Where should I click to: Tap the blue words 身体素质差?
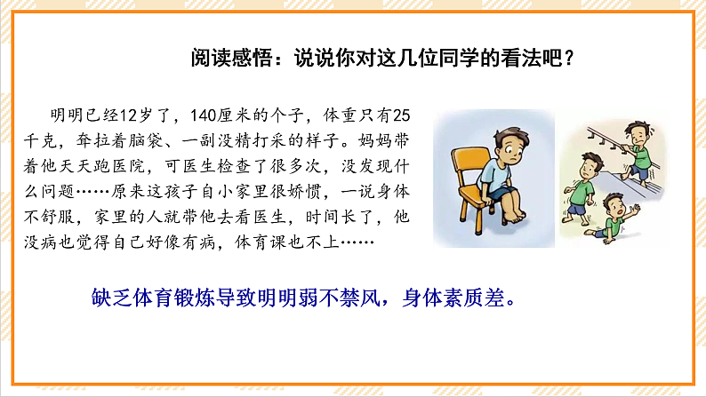point(462,297)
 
